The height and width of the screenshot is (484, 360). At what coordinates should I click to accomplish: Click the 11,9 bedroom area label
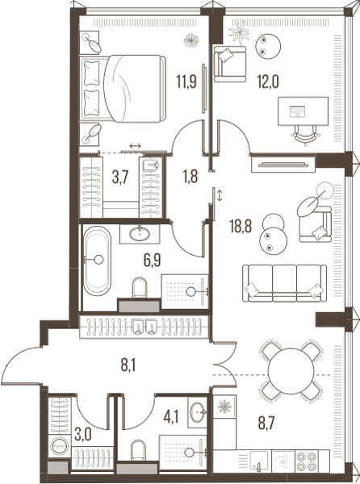click(186, 82)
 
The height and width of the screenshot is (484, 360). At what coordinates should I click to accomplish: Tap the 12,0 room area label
click(268, 82)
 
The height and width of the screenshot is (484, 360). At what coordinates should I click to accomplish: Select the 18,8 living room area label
click(241, 226)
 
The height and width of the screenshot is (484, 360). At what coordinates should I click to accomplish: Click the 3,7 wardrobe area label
click(119, 177)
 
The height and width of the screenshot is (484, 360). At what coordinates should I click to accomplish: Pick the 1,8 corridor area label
click(190, 176)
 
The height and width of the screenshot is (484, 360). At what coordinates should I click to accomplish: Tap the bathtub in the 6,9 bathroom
click(97, 261)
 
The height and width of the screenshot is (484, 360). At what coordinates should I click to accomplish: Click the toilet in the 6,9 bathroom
click(140, 288)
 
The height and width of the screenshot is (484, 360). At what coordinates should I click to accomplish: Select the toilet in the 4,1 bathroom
click(138, 450)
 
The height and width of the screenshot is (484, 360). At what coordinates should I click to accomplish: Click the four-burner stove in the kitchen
click(307, 461)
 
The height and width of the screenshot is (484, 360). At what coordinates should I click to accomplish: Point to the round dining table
click(291, 371)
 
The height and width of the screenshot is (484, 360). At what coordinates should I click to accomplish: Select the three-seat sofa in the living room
click(284, 283)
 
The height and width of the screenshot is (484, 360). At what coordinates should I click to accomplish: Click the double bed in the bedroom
click(124, 88)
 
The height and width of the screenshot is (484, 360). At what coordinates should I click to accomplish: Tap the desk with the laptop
click(303, 111)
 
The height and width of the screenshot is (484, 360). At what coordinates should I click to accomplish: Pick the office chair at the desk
click(305, 136)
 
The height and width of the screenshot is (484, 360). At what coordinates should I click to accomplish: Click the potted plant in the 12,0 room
click(239, 31)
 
